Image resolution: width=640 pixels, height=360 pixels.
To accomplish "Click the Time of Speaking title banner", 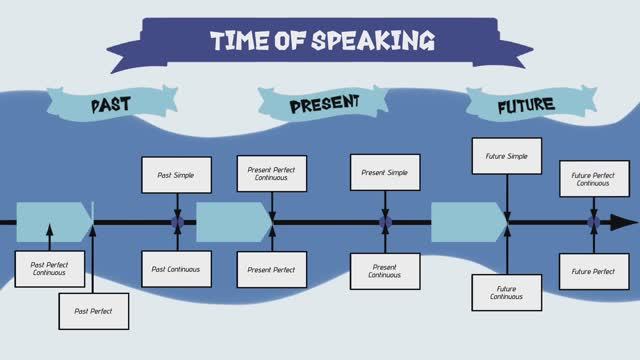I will coord(322,41).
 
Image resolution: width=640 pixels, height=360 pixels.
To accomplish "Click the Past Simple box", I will coord(176,175).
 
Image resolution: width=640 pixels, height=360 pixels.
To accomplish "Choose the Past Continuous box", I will coord(176,269).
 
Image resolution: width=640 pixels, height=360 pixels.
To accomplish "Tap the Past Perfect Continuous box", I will coord(49,268).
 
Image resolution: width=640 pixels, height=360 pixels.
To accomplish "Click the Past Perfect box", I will coord(93,311).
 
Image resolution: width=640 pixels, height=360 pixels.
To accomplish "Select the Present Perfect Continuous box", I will coord(272,174).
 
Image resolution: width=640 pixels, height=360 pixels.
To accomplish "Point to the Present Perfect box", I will coord(272,269).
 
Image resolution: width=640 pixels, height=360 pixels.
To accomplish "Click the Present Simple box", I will coord(385,172).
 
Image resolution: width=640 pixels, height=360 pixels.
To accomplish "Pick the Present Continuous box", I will coord(385,271).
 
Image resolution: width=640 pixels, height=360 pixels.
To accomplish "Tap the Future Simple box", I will coord(507,156).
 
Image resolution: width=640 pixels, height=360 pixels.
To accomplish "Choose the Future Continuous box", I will coord(507,292).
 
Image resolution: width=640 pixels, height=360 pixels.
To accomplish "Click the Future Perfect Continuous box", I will coord(594,180).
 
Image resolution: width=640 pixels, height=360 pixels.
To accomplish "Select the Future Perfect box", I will coord(594,271).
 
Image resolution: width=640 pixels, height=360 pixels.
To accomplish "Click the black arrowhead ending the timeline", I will coord(624,222).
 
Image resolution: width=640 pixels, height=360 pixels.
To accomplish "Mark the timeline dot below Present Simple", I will coord(385,222).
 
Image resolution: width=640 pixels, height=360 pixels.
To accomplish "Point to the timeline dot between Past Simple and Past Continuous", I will coord(177,222).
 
